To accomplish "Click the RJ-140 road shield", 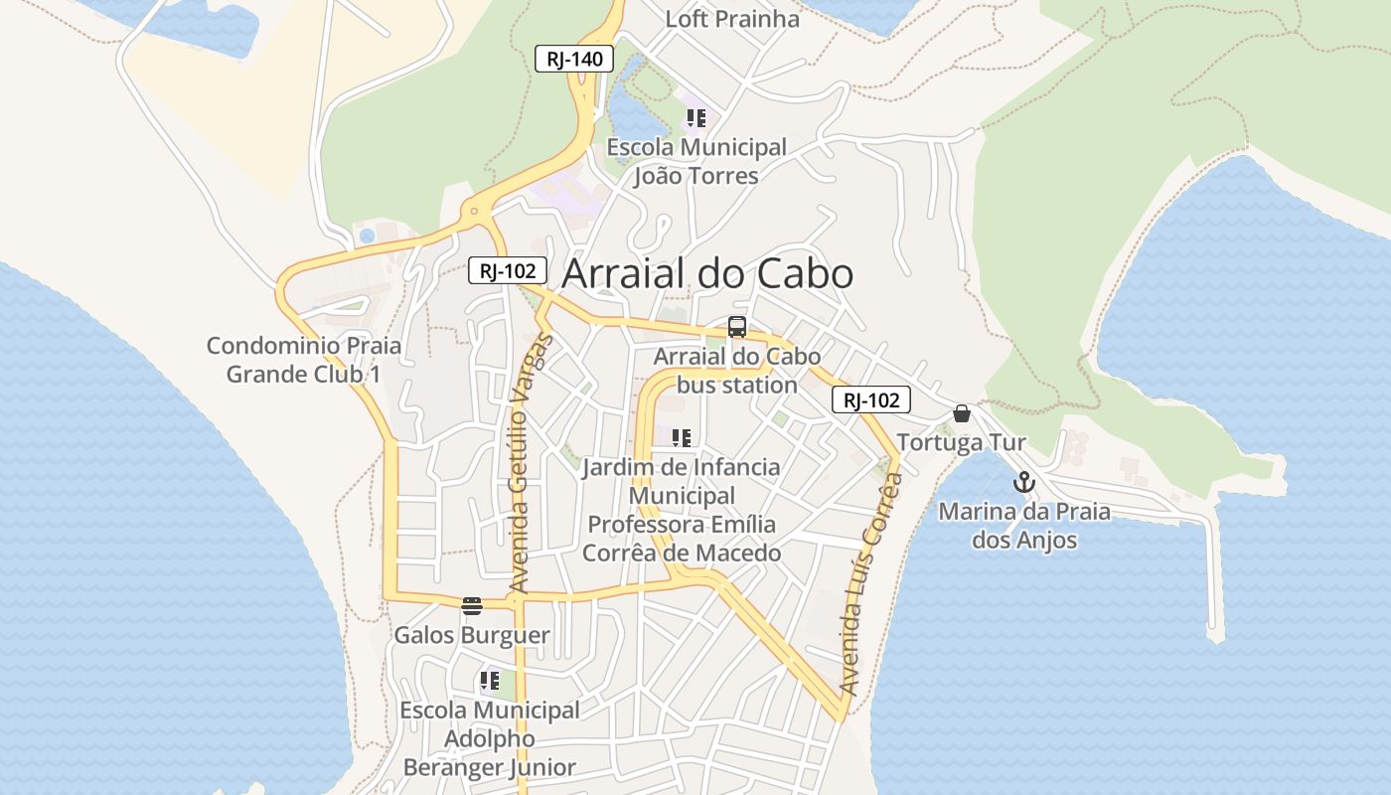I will click(x=574, y=59).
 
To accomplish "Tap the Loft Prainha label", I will click(x=732, y=19).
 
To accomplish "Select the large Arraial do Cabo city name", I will click(x=708, y=274).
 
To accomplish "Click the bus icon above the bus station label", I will click(x=737, y=326).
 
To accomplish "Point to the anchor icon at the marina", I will click(x=1023, y=483).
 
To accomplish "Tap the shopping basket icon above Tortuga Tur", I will click(x=962, y=413).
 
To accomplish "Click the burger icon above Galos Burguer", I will click(x=472, y=606).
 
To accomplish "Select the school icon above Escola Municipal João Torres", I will click(x=696, y=118).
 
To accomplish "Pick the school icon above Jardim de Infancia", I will click(x=682, y=437).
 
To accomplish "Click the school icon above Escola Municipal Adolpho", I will click(x=489, y=682).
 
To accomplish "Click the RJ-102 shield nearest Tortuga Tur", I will click(x=871, y=400).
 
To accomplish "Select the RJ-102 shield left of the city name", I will click(x=508, y=269).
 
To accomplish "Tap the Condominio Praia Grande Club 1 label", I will click(x=304, y=360).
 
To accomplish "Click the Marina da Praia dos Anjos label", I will click(x=1024, y=526).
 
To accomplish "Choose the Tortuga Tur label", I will click(x=962, y=442).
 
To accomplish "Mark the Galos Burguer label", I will click(x=472, y=635).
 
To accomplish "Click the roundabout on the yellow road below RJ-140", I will click(x=475, y=211).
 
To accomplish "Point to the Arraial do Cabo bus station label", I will click(x=737, y=371).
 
